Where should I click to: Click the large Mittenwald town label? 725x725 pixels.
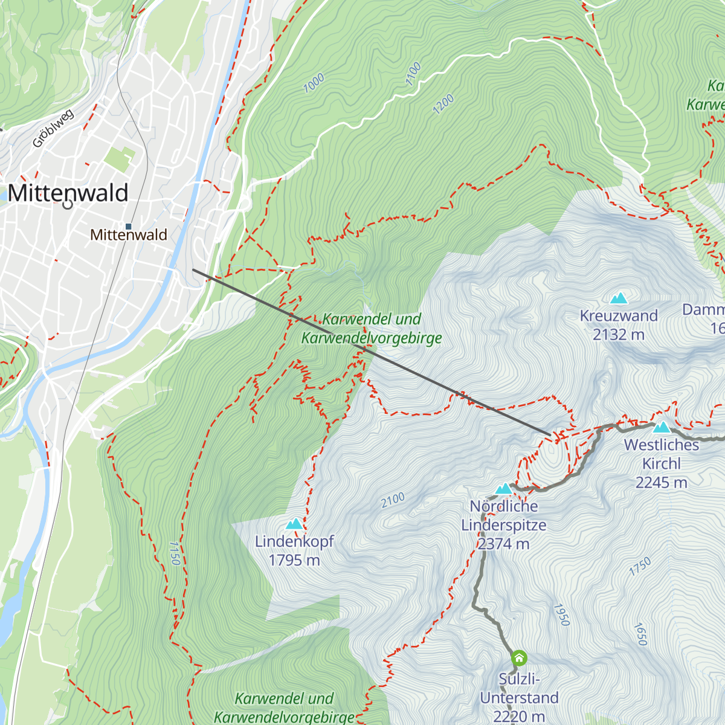point(68,193)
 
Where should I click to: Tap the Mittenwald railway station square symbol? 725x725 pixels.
point(128,227)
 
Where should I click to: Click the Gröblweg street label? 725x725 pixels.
point(53,129)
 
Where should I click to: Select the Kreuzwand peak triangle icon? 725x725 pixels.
point(619,298)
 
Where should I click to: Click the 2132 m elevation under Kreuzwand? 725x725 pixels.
point(619,335)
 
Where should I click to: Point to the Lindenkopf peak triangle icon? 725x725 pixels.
point(294,524)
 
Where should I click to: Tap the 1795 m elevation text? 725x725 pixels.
point(294,561)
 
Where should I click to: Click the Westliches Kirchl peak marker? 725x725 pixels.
point(662,427)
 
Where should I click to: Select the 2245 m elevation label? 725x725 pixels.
point(662,483)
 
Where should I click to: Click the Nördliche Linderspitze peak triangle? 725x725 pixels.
point(504,489)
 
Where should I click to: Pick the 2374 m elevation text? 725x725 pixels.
point(504,544)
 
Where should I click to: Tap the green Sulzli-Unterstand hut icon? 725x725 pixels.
point(519,658)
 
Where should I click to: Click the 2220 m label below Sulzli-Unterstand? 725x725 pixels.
point(519,717)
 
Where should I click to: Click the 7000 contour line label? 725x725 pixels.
point(314,83)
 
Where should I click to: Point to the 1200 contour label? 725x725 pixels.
point(443,105)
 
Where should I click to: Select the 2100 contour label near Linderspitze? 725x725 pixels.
point(393,500)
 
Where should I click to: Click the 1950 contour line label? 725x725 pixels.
point(561,614)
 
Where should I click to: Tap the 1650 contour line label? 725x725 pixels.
point(640,634)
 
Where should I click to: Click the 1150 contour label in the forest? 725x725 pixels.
point(175,553)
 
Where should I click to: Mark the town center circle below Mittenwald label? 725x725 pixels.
point(68,204)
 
